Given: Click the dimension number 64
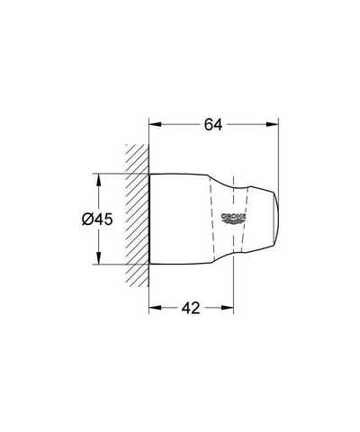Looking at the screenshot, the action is point(213,125).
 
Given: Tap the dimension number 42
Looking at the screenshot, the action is point(191,308).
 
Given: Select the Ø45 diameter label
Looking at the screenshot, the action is point(97,220).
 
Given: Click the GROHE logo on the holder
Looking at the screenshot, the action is point(234,219).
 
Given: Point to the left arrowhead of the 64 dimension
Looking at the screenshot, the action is point(156,124).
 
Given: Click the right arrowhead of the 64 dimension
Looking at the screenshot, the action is point(273,124).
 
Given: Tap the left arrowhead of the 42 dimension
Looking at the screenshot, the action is point(156,308).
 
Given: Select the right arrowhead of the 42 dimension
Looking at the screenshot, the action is point(228,308).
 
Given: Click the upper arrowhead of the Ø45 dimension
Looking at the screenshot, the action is point(98,180).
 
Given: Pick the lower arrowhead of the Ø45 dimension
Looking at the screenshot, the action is point(98,258).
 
